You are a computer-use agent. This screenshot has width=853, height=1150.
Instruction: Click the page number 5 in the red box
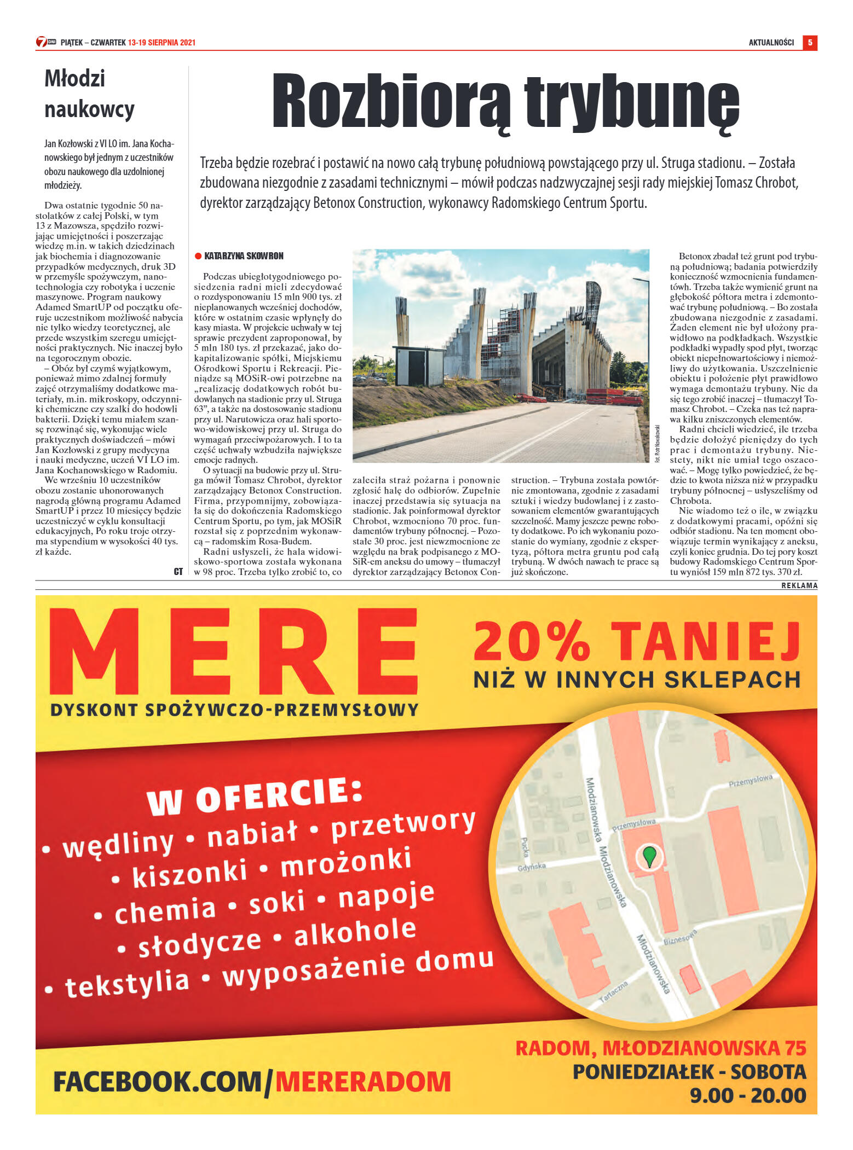(x=810, y=42)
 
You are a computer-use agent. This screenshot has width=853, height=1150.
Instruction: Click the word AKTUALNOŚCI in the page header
(x=771, y=42)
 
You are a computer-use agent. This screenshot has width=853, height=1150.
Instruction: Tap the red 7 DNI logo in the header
(x=46, y=42)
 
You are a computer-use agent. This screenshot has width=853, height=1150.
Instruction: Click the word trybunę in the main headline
(x=632, y=102)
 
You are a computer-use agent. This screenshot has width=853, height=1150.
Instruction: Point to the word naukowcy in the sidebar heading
(x=89, y=109)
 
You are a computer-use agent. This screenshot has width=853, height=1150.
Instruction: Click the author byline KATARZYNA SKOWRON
(x=244, y=256)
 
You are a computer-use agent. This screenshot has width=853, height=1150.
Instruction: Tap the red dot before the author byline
(x=198, y=256)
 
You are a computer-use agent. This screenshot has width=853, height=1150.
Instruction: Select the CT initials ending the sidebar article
(x=178, y=571)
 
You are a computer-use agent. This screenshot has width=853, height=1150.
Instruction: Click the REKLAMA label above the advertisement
(x=799, y=585)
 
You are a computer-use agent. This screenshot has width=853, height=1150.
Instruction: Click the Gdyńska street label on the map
(x=532, y=867)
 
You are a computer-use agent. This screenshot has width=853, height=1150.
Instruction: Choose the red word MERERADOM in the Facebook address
(x=363, y=1081)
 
